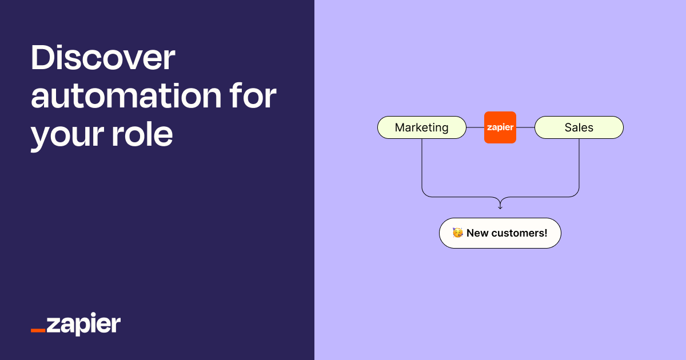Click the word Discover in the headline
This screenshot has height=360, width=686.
103,59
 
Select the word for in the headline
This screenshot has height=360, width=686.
252,97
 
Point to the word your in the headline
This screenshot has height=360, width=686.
67,135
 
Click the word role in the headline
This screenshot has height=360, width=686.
143,135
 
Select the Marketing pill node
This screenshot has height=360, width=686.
422,127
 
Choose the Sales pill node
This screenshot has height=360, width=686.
579,127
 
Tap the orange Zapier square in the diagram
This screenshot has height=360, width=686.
500,127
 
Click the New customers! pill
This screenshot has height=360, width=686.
500,233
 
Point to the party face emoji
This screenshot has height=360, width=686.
457,233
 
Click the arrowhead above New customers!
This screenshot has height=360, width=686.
500,206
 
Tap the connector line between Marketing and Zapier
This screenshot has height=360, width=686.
475,127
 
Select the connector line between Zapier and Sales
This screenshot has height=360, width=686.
525,127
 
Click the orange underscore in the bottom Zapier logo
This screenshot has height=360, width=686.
38,331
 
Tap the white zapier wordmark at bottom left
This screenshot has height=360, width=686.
83,325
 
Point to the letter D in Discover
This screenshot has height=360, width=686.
43,59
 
